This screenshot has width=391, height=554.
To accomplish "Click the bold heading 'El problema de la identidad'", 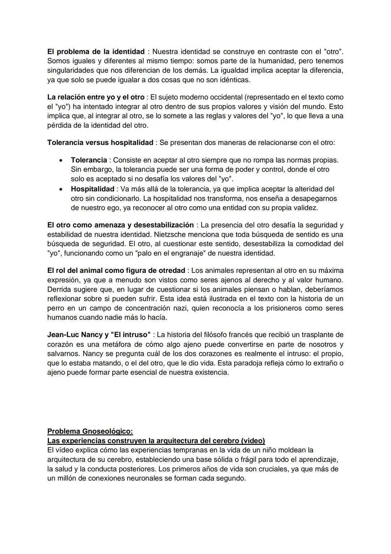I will point(96,52).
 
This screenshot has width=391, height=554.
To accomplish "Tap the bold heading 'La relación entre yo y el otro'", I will point(96,97).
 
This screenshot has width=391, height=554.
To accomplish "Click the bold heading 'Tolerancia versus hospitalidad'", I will point(100,143).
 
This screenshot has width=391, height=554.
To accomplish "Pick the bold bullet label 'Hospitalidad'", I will point(93,189).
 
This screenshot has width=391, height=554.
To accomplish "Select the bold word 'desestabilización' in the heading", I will point(164,225).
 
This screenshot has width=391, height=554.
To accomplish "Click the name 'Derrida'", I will point(60,290).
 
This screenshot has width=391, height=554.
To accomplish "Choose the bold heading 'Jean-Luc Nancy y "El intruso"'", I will point(99,335).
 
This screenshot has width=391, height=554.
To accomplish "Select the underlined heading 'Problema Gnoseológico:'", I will point(90,431).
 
